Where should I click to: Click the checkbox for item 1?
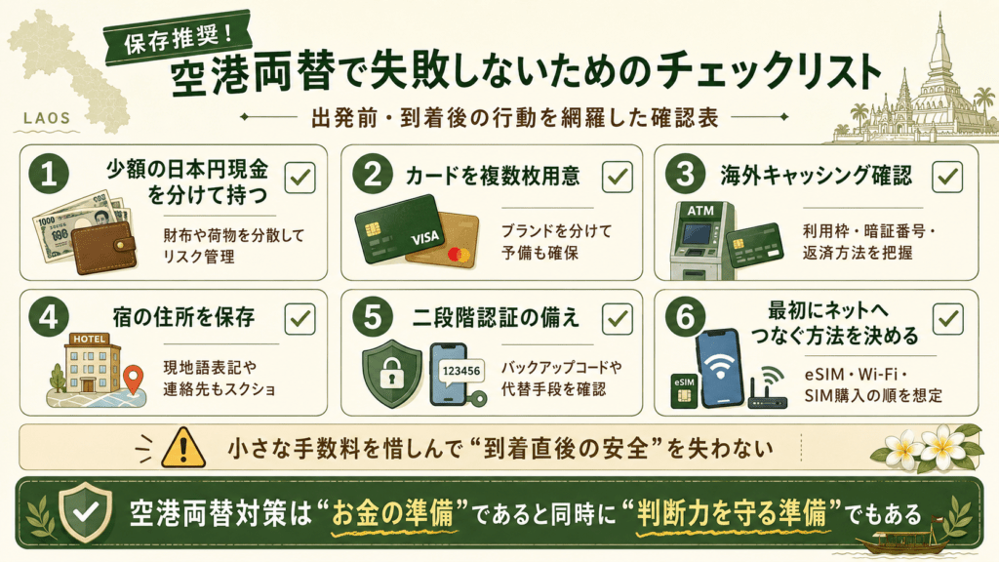[x=300, y=178]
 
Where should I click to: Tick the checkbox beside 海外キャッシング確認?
[x=946, y=178]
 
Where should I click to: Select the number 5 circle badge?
[x=373, y=317]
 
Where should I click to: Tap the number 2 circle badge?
[x=373, y=175]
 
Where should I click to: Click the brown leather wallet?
[x=103, y=247]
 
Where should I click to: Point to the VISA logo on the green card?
[x=425, y=238]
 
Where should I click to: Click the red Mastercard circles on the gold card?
[x=459, y=256]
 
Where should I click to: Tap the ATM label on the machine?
[x=700, y=211]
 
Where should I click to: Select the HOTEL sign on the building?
[x=89, y=339]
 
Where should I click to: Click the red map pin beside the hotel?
[x=133, y=380]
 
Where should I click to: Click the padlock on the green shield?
[x=392, y=374]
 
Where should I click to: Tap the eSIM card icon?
[x=684, y=390]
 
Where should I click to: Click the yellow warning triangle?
[x=183, y=447]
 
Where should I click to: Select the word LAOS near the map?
[x=47, y=118]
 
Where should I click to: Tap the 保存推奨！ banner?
[x=178, y=38]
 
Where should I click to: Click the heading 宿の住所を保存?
[x=184, y=317]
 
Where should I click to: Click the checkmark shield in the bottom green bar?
[x=85, y=511]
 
